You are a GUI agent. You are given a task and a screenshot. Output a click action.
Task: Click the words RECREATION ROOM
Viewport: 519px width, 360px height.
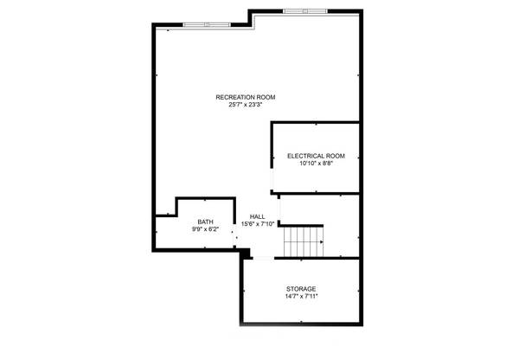click(246, 97)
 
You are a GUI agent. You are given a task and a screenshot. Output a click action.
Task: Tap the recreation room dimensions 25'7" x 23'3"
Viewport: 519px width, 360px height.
click(246, 105)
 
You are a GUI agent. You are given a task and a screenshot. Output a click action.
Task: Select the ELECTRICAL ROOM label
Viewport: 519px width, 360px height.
click(316, 156)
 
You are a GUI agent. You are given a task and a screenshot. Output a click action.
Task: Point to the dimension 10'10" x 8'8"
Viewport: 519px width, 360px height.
click(316, 164)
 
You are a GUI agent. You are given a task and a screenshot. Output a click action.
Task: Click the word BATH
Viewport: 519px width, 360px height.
click(205, 222)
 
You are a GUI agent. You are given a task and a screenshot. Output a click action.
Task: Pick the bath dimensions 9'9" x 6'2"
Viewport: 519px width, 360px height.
click(205, 230)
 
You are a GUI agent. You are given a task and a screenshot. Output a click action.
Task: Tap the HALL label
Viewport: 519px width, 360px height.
click(258, 216)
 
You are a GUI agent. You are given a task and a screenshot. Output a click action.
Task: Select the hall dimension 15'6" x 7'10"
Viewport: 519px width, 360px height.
click(258, 224)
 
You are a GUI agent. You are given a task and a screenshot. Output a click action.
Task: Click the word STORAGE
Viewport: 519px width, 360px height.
click(301, 288)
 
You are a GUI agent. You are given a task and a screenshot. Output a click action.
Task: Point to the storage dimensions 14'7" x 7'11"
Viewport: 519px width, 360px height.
click(301, 296)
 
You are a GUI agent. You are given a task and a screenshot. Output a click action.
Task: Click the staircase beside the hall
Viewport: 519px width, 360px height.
click(304, 241)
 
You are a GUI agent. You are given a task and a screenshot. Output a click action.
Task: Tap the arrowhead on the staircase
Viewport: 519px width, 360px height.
click(323, 241)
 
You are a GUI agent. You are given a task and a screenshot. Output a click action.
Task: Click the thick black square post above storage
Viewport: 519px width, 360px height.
click(246, 253)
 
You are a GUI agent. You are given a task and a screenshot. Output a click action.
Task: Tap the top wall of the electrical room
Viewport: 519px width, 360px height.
click(316, 123)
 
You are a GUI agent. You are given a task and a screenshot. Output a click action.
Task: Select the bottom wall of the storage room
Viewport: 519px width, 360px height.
click(301, 324)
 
